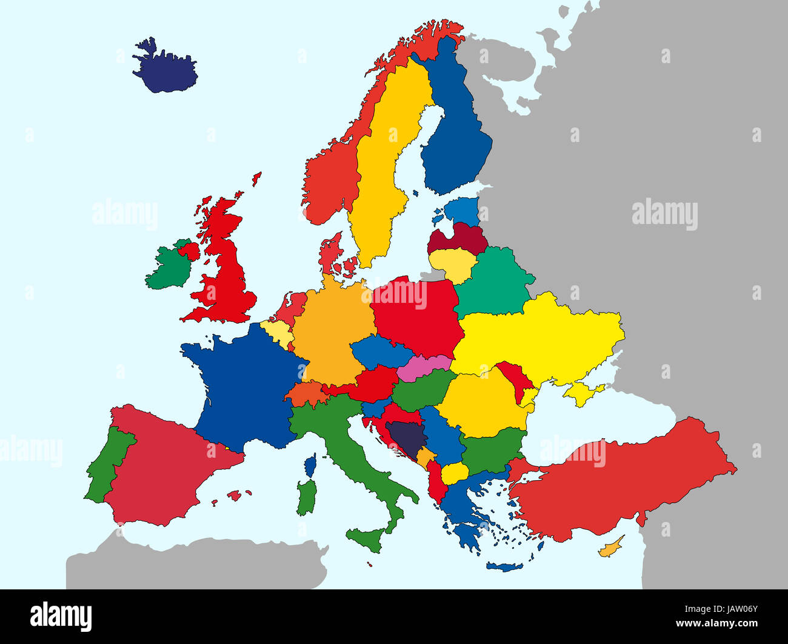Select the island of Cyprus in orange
point(609,549)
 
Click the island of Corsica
point(310,466)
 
